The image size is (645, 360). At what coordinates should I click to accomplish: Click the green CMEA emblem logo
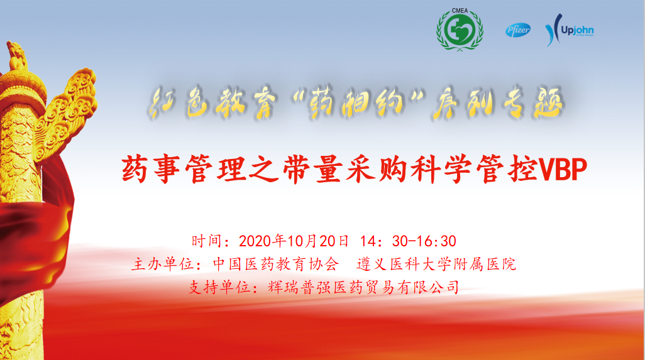pyautogui.click(x=460, y=30)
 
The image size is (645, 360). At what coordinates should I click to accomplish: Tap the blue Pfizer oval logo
pyautogui.click(x=518, y=30)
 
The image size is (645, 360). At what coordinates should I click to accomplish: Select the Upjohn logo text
pyautogui.click(x=577, y=30)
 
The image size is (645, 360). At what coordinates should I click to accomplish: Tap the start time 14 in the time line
pyautogui.click(x=368, y=241)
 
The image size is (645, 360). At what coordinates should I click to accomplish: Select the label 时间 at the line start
pyautogui.click(x=206, y=241)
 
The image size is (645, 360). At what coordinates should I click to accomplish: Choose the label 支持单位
pyautogui.click(x=219, y=287)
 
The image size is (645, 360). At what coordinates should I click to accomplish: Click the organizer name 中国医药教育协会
pyautogui.click(x=277, y=264)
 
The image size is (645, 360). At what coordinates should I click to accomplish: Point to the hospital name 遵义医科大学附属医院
pyautogui.click(x=436, y=264)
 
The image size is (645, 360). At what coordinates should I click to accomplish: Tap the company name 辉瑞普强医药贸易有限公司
pyautogui.click(x=363, y=287)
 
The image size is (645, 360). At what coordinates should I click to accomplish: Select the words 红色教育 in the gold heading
pyautogui.click(x=212, y=102)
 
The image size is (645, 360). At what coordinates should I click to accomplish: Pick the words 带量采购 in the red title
pyautogui.click(x=345, y=169)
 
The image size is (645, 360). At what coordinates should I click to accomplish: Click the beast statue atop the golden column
pyautogui.click(x=16, y=55)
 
